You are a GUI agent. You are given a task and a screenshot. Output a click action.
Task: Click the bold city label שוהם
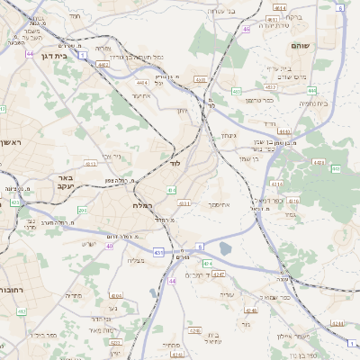301,44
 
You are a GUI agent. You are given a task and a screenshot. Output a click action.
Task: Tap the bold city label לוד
175,165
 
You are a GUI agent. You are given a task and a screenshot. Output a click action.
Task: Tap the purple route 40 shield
110,246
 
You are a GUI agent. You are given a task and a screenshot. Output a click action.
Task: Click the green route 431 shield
158,253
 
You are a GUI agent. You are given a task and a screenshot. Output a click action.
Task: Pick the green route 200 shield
82,210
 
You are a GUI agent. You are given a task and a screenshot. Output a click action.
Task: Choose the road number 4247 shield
218,273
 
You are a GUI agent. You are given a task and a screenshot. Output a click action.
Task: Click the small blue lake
223,248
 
